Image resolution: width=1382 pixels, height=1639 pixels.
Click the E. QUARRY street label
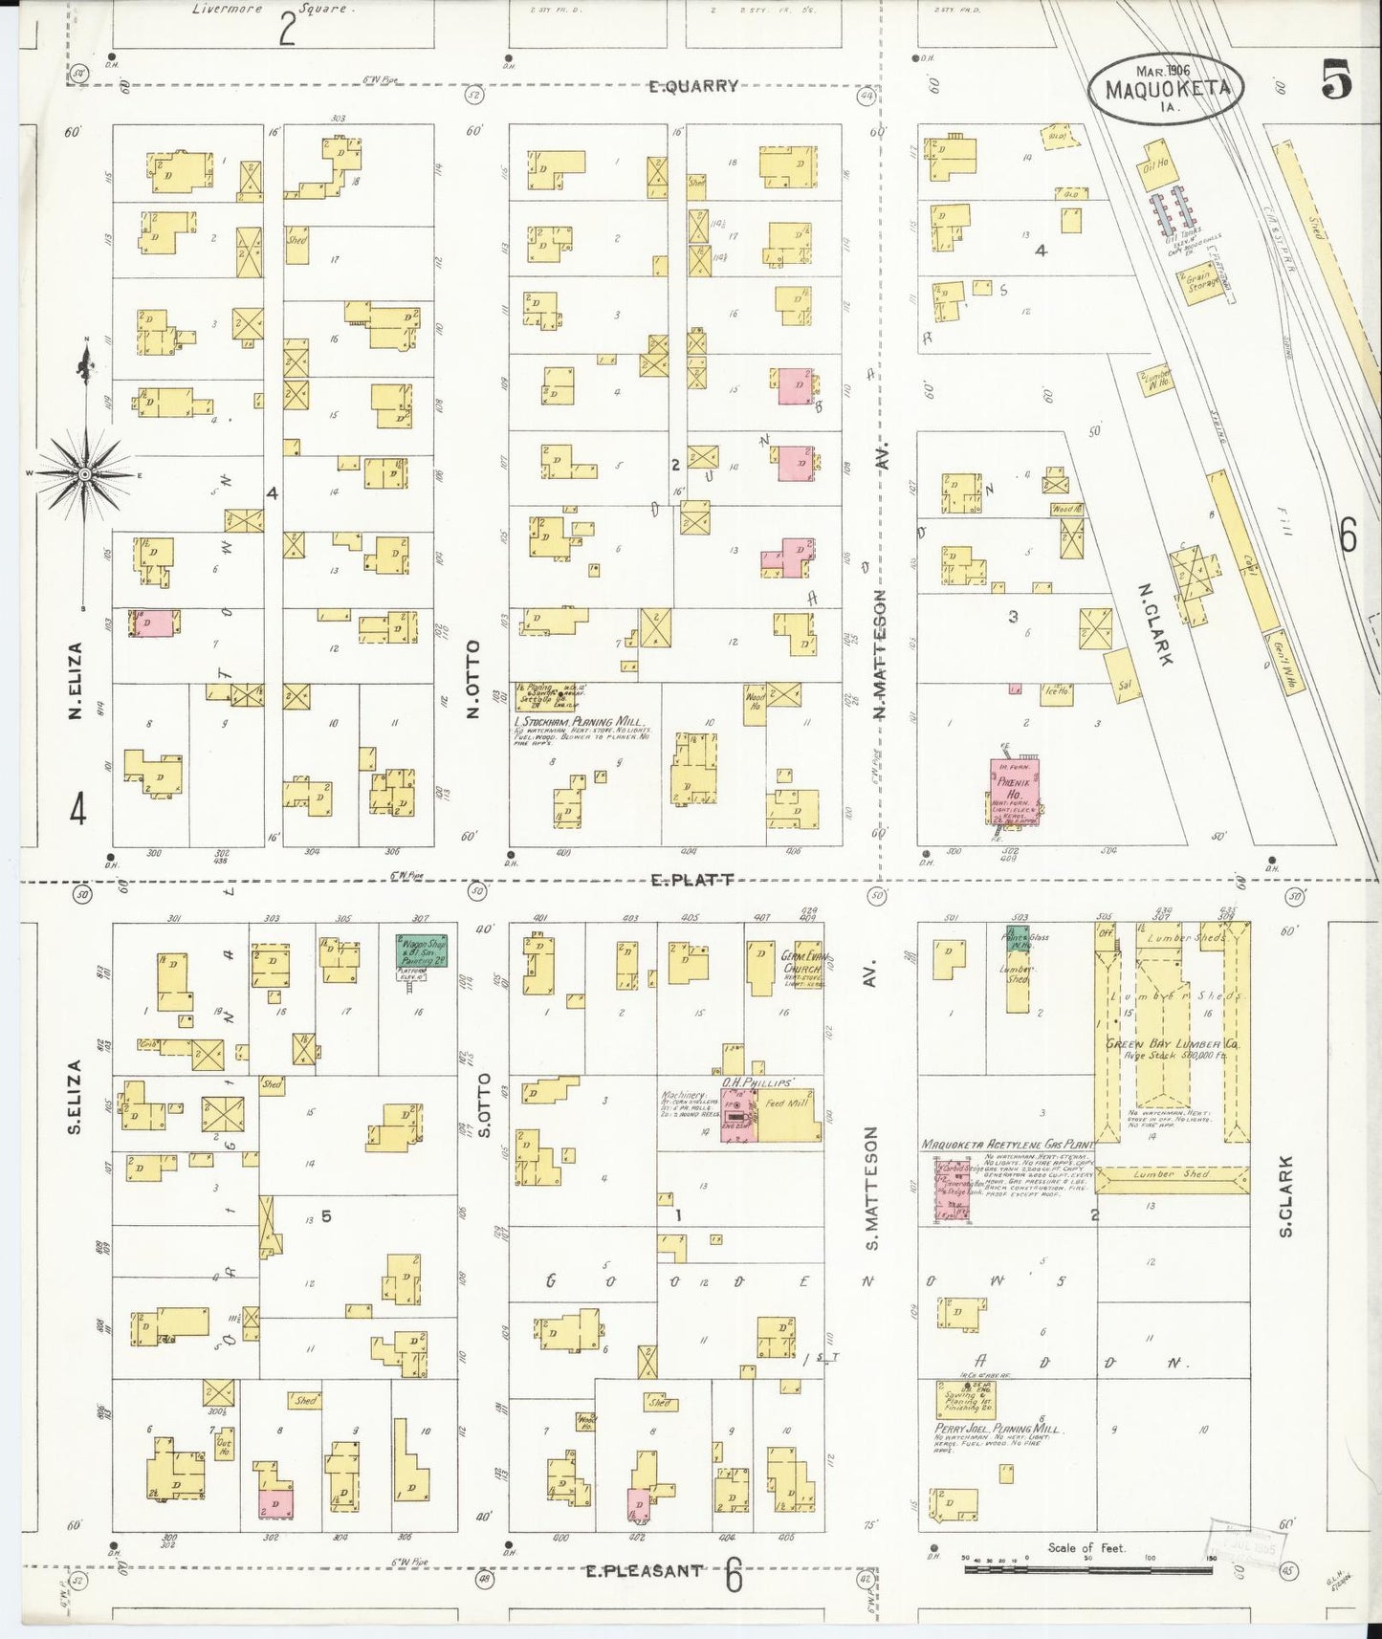point(692,86)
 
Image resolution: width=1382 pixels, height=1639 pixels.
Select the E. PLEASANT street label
point(644,1570)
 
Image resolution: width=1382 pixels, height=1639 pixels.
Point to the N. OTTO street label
point(472,679)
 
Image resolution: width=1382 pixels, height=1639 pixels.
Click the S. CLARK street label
point(1285,1195)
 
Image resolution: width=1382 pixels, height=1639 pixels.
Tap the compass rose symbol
point(84,473)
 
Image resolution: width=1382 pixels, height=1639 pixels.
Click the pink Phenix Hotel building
point(1014,790)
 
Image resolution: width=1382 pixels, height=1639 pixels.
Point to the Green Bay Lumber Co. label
point(1173,1045)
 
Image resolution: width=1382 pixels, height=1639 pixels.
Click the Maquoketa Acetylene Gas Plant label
point(1007,1144)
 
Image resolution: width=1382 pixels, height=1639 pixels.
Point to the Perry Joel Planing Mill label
point(998,1429)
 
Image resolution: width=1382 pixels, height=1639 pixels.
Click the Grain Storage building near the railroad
point(1201,283)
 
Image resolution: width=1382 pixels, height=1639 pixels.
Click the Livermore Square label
point(273,10)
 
